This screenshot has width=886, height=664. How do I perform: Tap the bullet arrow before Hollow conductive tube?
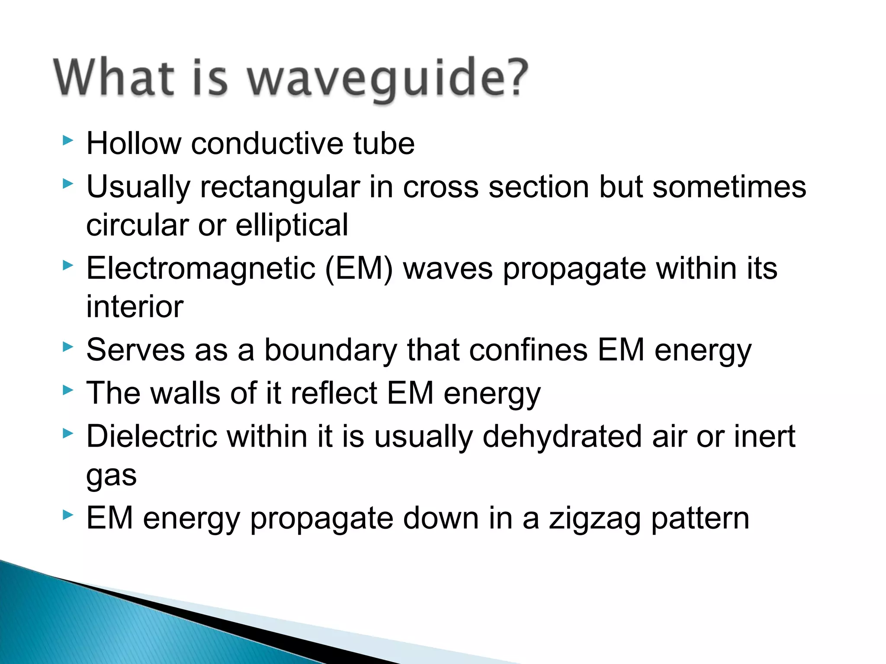pyautogui.click(x=67, y=140)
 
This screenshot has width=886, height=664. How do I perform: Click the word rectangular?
pyautogui.click(x=279, y=187)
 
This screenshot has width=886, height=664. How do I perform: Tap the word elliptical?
pyautogui.click(x=292, y=225)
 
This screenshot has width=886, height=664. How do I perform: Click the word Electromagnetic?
pyautogui.click(x=201, y=269)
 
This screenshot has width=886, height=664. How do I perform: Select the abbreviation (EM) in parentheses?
pyautogui.click(x=359, y=269)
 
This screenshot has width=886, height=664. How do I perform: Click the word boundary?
pyautogui.click(x=331, y=350)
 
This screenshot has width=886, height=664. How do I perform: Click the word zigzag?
pyautogui.click(x=594, y=519)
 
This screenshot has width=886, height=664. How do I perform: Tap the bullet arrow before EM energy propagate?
pyautogui.click(x=67, y=514)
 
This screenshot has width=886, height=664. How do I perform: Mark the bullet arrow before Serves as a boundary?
pyautogui.click(x=67, y=346)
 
